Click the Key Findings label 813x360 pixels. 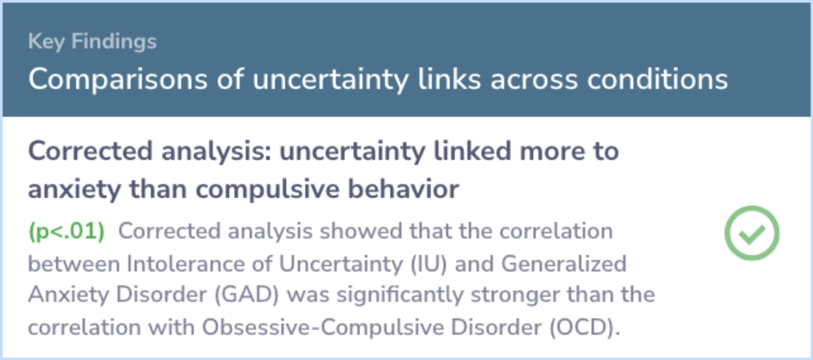click(92, 41)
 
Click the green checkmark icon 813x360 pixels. click(751, 233)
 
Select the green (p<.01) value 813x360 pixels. click(66, 231)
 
